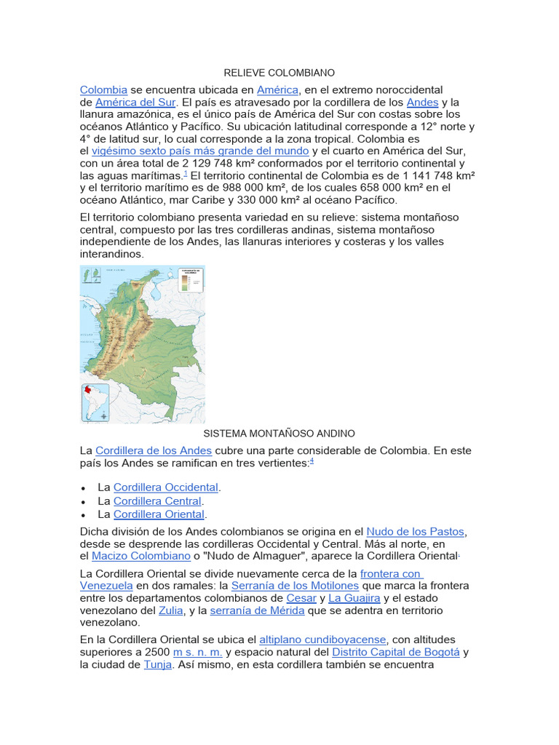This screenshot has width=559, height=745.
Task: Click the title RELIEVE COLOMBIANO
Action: (279, 73)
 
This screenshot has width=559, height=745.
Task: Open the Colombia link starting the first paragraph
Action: (103, 89)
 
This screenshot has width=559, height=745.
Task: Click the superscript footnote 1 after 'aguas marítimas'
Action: (186, 174)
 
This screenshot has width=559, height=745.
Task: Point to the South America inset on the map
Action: (95, 402)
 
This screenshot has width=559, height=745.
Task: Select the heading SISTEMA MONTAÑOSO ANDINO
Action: (279, 434)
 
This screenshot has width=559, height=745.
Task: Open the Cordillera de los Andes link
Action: (154, 450)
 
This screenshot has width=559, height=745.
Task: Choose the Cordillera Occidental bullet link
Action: (166, 487)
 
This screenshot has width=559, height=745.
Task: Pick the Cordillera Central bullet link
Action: (157, 501)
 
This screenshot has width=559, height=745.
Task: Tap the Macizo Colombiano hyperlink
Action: (141, 556)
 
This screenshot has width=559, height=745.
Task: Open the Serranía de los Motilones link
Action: (295, 585)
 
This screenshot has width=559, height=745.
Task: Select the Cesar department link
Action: (301, 597)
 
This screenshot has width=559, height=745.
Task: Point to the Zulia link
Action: (171, 610)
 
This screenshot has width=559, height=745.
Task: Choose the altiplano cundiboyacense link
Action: (323, 640)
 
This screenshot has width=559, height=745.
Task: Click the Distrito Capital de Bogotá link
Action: (397, 652)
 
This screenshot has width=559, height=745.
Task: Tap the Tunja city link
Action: (158, 664)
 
